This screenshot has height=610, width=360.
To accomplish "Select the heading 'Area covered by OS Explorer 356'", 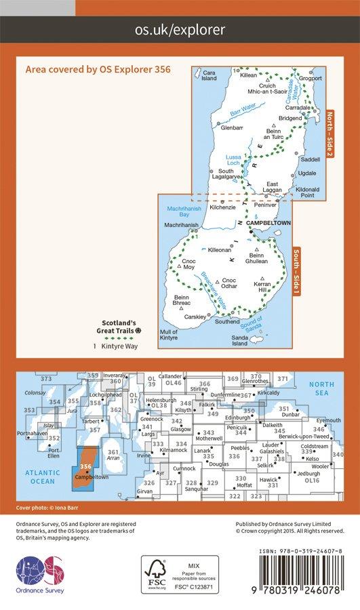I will (x=97, y=69).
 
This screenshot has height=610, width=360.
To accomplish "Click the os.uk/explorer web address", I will (x=180, y=30).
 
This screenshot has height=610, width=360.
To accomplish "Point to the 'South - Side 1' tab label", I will (x=296, y=272).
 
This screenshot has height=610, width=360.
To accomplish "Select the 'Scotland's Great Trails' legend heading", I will (x=119, y=327).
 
